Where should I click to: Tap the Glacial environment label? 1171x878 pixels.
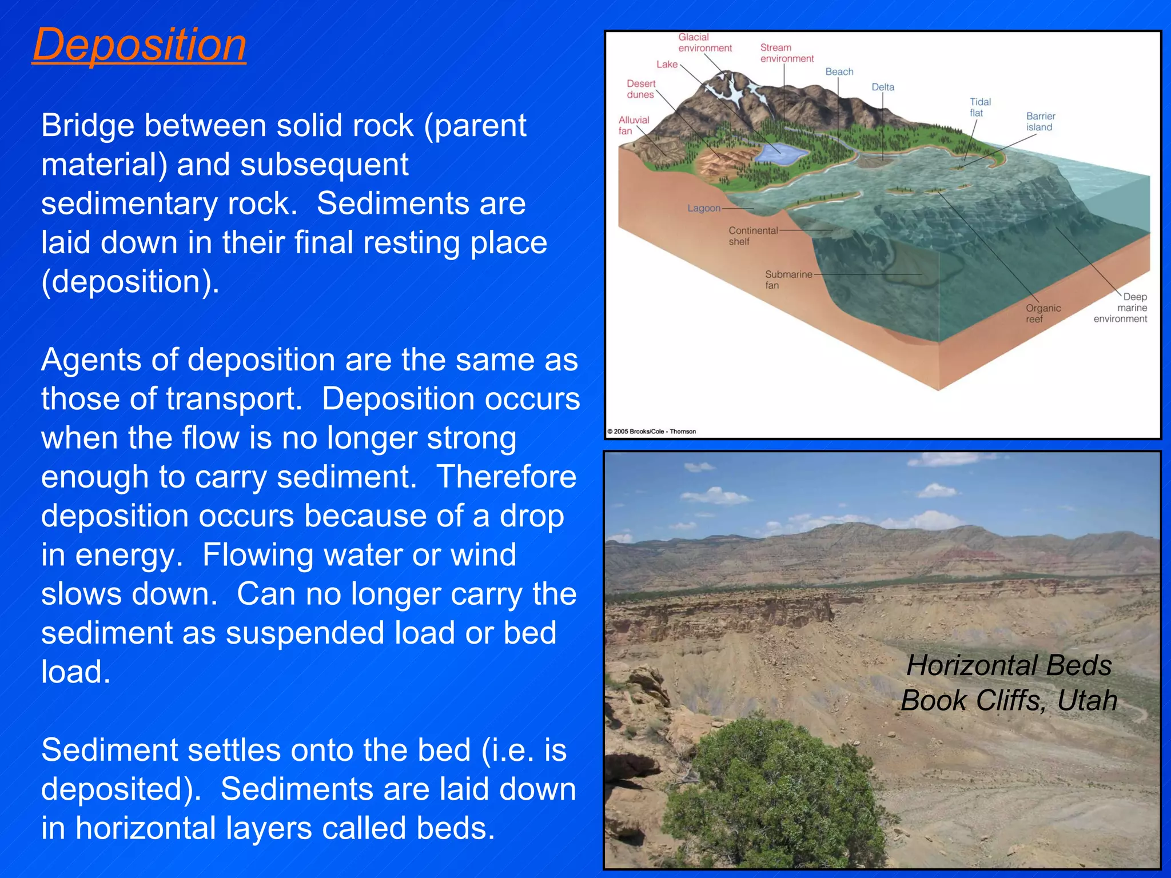pos(704,42)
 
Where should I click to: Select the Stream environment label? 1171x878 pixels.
pos(786,53)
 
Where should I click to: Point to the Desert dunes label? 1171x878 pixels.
pos(640,89)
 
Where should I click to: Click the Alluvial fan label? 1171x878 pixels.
pos(634,125)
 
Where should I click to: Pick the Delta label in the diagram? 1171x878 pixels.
pos(882,87)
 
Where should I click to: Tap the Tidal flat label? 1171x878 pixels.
pos(979,107)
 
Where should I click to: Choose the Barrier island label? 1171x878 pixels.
pos(1040,121)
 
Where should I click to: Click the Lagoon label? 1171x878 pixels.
pos(703,208)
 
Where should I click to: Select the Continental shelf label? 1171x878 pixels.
pos(752,236)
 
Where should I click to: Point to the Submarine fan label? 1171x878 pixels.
pos(788,280)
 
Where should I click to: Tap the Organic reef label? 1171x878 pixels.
pos(1042,313)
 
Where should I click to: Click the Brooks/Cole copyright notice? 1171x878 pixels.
pos(651,432)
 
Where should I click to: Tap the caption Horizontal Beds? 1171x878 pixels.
pos(1009,665)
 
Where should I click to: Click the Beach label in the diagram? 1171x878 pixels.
pos(839,71)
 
